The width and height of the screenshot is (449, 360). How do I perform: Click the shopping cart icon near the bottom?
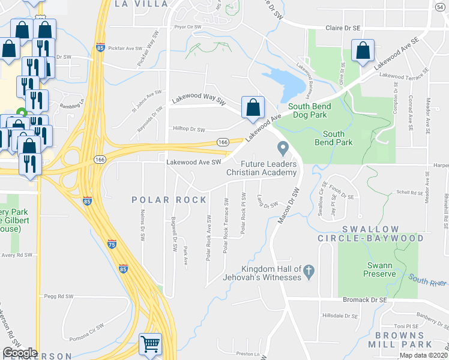point(151,344)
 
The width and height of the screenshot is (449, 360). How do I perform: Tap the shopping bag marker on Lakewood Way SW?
point(253,107)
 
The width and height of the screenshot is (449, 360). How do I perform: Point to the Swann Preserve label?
point(379,270)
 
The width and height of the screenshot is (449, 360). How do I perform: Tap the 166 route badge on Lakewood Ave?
point(223,142)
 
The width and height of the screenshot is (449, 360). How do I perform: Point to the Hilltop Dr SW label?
point(189,129)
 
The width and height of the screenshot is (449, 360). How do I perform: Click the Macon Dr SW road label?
point(289,208)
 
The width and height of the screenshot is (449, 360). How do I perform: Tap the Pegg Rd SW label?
point(59,296)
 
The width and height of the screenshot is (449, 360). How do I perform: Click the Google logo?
point(20,353)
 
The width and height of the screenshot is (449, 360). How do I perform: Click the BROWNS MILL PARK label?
point(403,339)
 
